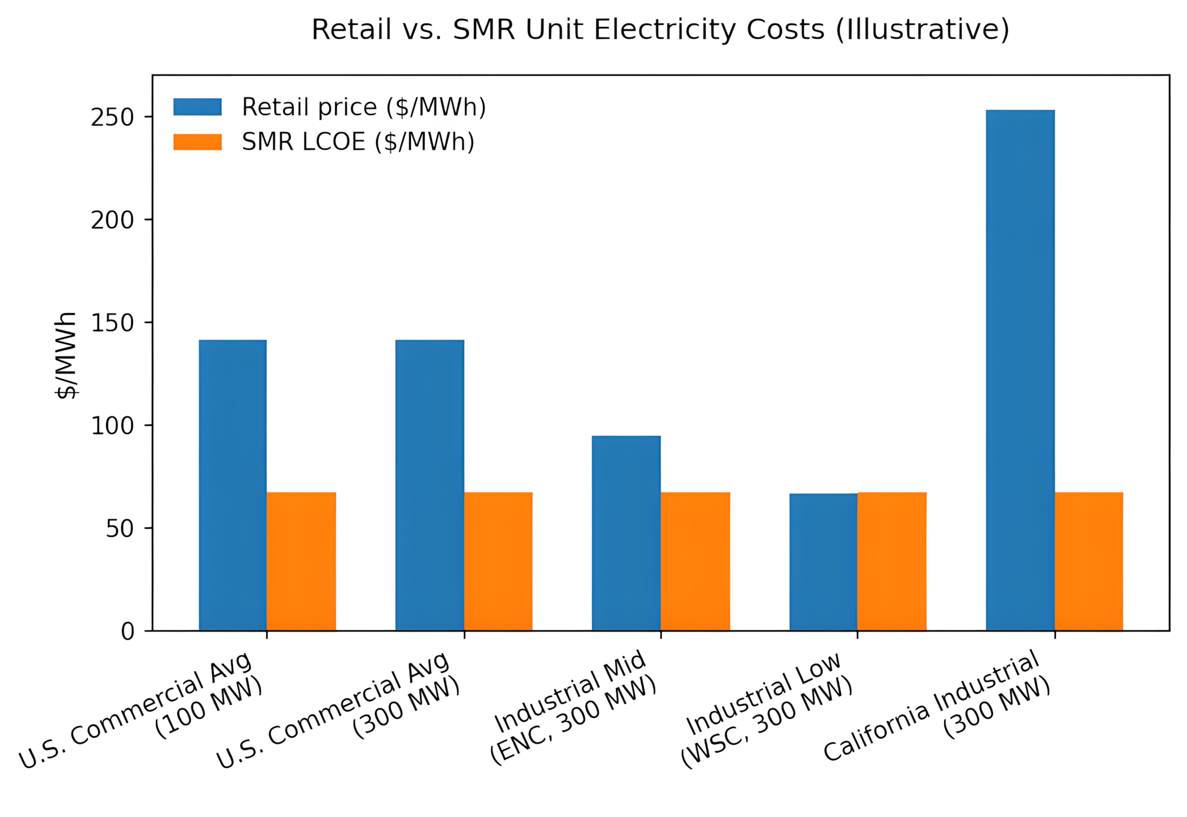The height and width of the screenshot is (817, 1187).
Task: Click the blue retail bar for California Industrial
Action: tap(1020, 370)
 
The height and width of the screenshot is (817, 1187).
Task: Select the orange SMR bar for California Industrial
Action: tap(1089, 561)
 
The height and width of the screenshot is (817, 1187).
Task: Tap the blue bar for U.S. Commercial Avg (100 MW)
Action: tap(232, 485)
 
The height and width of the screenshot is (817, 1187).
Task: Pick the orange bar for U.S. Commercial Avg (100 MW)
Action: tap(301, 561)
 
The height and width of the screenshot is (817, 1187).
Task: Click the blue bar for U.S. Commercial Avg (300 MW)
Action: tap(429, 485)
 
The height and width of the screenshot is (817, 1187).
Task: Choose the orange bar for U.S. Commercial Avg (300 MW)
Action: tap(498, 561)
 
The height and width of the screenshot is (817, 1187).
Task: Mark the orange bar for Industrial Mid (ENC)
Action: tap(695, 561)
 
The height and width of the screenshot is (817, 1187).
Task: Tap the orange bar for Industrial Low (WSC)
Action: tap(892, 561)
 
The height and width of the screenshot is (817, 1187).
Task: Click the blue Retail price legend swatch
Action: tap(197, 107)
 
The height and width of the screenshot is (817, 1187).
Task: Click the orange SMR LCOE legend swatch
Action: tap(197, 142)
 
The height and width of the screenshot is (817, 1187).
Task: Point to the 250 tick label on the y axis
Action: tap(112, 117)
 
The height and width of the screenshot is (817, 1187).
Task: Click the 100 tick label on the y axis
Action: tap(112, 426)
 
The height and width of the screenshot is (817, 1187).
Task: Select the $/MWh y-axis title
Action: tap(66, 355)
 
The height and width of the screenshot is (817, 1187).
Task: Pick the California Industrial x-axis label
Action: tap(936, 708)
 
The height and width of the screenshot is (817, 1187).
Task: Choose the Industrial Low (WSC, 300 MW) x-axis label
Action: tap(766, 711)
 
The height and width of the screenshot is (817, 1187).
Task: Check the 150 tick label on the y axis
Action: tap(112, 323)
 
